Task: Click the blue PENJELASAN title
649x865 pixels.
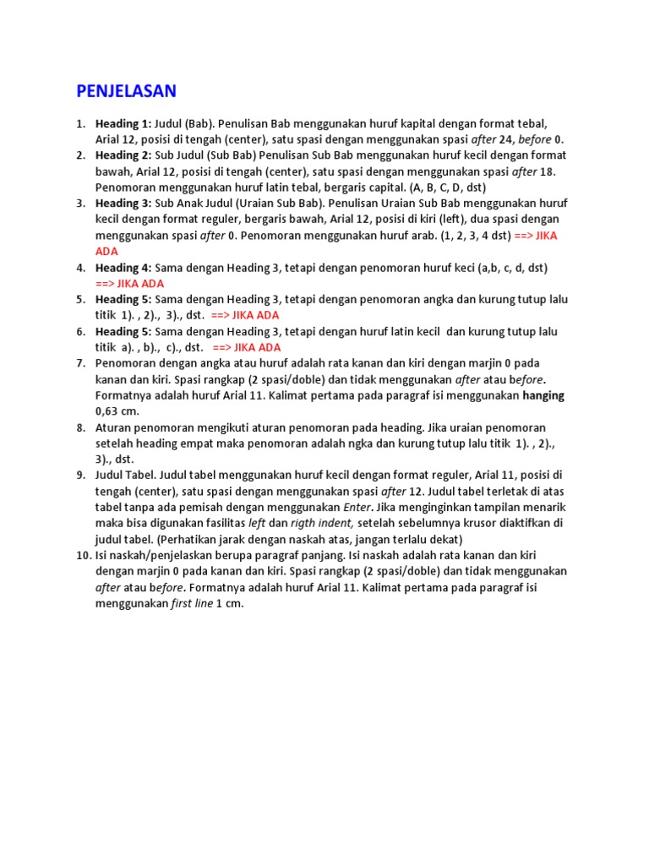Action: point(127,90)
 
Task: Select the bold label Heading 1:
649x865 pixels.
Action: point(123,123)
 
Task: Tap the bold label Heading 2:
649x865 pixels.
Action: point(123,155)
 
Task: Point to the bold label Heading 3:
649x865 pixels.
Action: point(123,204)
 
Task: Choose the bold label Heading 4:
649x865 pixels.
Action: point(123,268)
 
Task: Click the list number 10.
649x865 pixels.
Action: point(83,556)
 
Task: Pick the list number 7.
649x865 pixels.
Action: point(81,363)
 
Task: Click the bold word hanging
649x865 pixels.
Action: point(543,395)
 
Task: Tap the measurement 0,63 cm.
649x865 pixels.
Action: point(117,411)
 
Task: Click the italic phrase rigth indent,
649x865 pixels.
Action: point(322,523)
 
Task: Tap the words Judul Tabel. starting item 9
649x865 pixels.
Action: point(127,476)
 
